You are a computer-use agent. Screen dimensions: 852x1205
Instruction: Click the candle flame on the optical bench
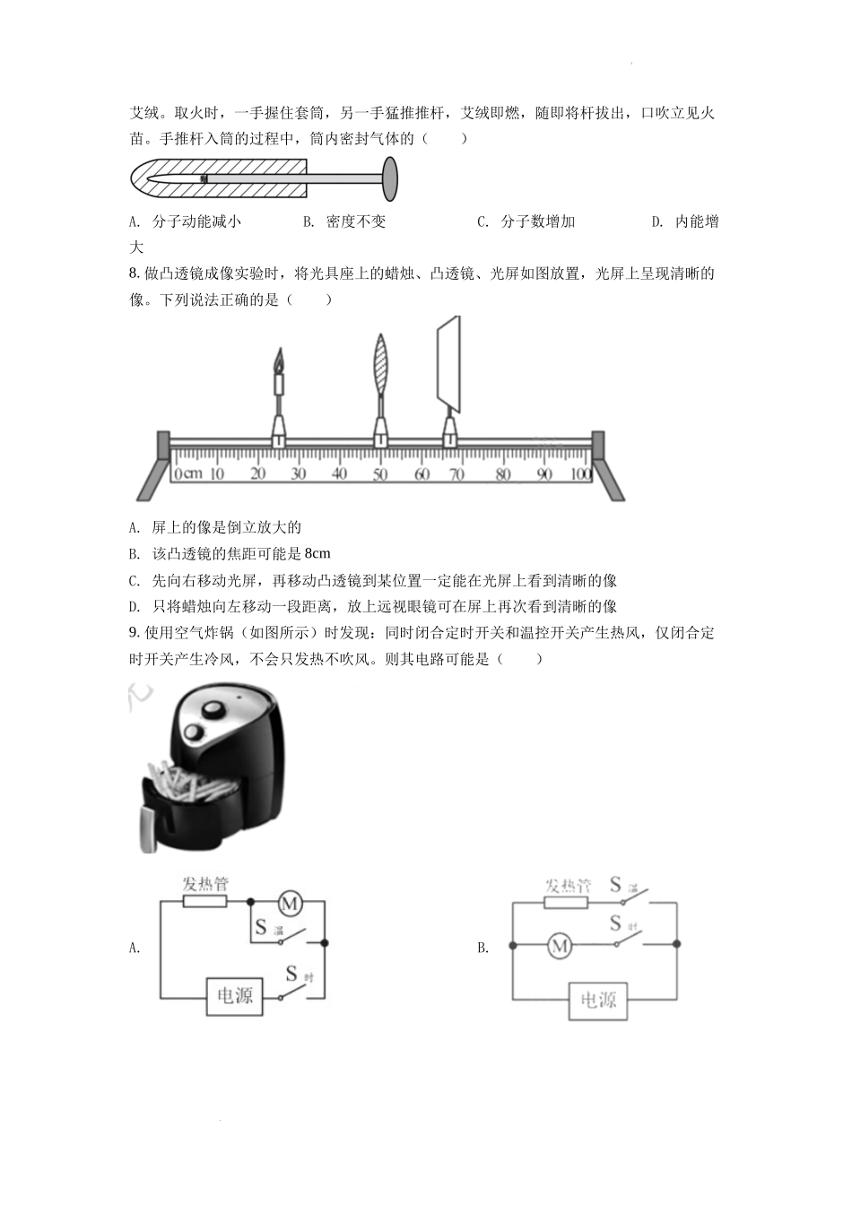click(x=278, y=360)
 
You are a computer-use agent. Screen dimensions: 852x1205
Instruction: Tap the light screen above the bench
click(x=449, y=364)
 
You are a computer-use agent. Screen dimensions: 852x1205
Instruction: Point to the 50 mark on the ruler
click(x=380, y=474)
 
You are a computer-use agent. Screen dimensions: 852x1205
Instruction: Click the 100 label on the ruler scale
click(x=581, y=474)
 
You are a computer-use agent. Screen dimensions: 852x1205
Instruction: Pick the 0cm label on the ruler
click(x=188, y=474)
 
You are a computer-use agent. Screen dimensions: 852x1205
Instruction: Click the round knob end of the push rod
click(x=389, y=178)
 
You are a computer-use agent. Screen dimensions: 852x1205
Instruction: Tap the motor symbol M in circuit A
click(x=290, y=903)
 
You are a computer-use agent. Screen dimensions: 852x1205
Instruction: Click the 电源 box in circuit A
click(x=235, y=996)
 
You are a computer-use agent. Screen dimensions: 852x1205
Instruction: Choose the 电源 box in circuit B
click(x=598, y=1001)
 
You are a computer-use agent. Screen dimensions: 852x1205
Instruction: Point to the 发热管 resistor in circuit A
click(x=204, y=901)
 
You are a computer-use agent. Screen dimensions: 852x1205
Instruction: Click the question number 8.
click(x=135, y=273)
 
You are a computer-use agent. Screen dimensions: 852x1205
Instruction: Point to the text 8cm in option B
click(x=317, y=553)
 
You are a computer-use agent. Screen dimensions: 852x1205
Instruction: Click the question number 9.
click(x=135, y=633)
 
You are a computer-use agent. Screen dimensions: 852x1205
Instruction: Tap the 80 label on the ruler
click(x=503, y=474)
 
